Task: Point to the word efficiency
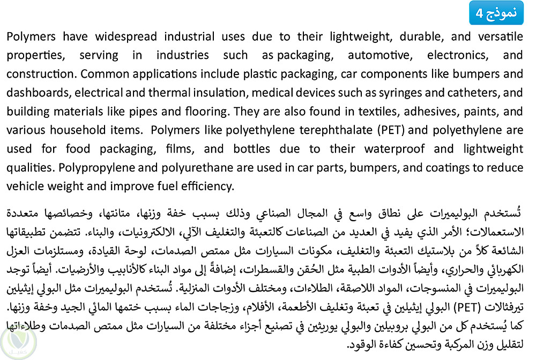[x=206, y=186]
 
